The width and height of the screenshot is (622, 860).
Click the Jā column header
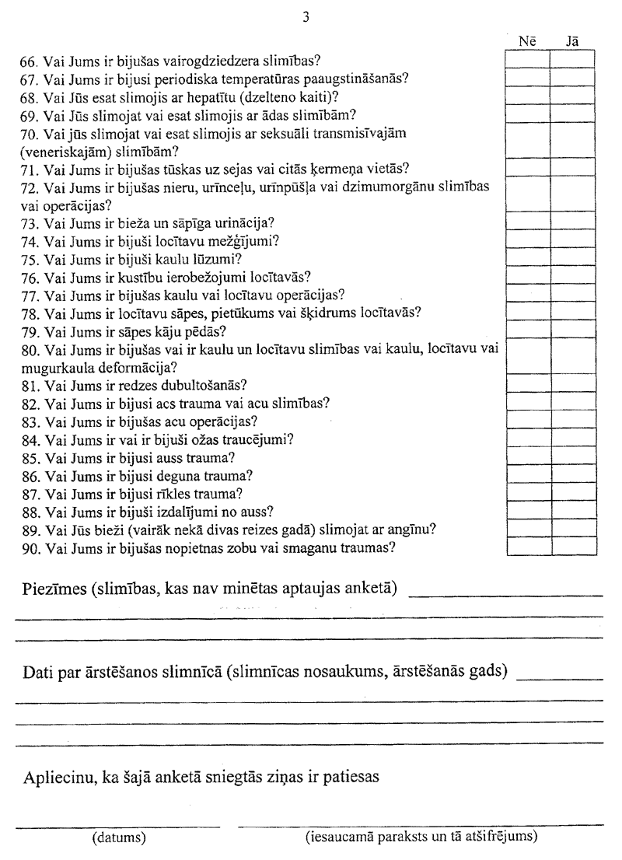click(x=572, y=41)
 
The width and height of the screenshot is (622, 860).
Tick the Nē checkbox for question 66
click(x=528, y=59)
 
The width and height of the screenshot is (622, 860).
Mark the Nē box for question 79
click(x=528, y=330)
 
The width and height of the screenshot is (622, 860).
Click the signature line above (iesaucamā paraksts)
click(x=420, y=823)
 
